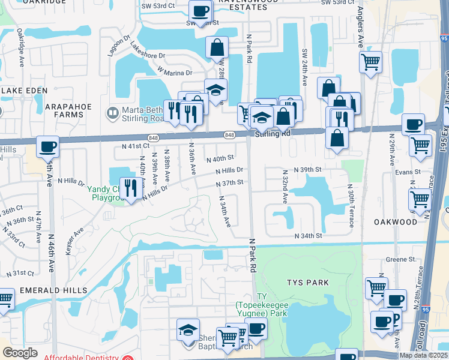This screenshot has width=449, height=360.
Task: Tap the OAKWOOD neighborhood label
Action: (395, 221)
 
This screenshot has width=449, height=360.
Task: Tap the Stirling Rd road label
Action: (273, 134)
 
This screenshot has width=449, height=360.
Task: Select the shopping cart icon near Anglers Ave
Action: (371, 62)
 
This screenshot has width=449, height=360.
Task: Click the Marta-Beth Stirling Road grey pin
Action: (112, 112)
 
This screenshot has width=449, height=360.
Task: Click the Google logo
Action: (20, 353)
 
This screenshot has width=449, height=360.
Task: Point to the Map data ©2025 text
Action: (423, 355)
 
